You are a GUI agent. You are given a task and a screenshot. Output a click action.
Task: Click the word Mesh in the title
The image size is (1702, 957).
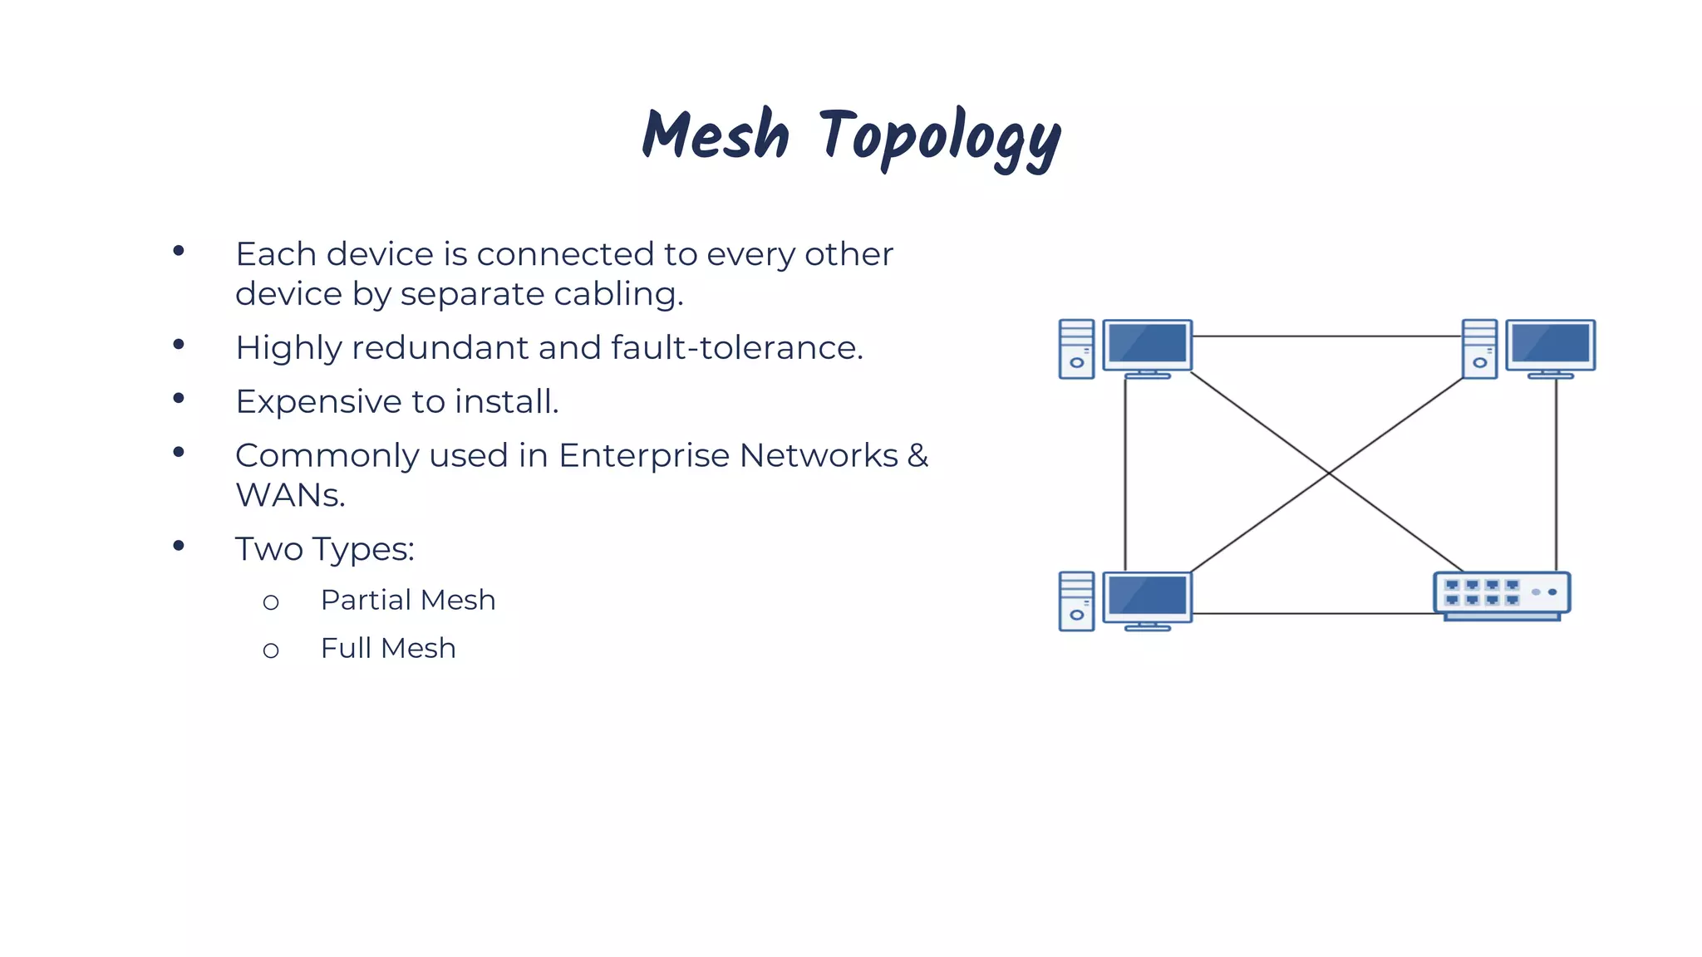click(716, 135)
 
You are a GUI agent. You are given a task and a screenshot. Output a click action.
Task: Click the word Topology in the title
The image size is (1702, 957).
click(940, 137)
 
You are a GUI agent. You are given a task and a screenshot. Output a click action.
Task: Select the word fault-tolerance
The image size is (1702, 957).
click(736, 348)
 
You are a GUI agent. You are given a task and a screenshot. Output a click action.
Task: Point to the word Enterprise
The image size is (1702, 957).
click(644, 456)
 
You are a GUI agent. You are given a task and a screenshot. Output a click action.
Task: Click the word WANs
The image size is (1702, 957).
click(290, 496)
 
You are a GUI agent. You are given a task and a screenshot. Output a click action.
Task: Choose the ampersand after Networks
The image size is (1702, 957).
click(917, 455)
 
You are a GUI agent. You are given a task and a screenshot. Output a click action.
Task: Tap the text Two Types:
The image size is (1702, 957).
click(324, 550)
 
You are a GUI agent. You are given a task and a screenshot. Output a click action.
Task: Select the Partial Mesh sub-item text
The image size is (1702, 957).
click(408, 601)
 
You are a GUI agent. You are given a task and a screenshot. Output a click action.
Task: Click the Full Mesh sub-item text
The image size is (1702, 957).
click(388, 649)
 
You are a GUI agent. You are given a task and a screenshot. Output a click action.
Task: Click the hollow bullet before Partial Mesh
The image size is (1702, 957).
click(271, 603)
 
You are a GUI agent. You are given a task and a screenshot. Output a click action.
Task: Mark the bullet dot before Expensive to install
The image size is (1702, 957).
click(179, 399)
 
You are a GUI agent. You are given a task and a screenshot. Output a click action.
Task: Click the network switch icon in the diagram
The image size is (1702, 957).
click(1502, 596)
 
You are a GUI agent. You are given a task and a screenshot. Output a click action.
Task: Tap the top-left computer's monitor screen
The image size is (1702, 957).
click(1147, 343)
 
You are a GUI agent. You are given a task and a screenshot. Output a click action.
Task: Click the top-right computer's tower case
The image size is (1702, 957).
click(1479, 349)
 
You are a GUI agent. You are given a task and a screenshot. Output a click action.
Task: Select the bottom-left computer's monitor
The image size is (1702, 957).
click(1147, 596)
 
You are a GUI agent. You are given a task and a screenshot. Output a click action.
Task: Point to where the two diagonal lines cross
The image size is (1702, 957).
click(1329, 474)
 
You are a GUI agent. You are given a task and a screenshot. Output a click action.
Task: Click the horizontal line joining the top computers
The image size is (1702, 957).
click(1327, 336)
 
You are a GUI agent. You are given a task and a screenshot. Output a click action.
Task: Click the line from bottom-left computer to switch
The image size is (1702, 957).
click(1313, 614)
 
